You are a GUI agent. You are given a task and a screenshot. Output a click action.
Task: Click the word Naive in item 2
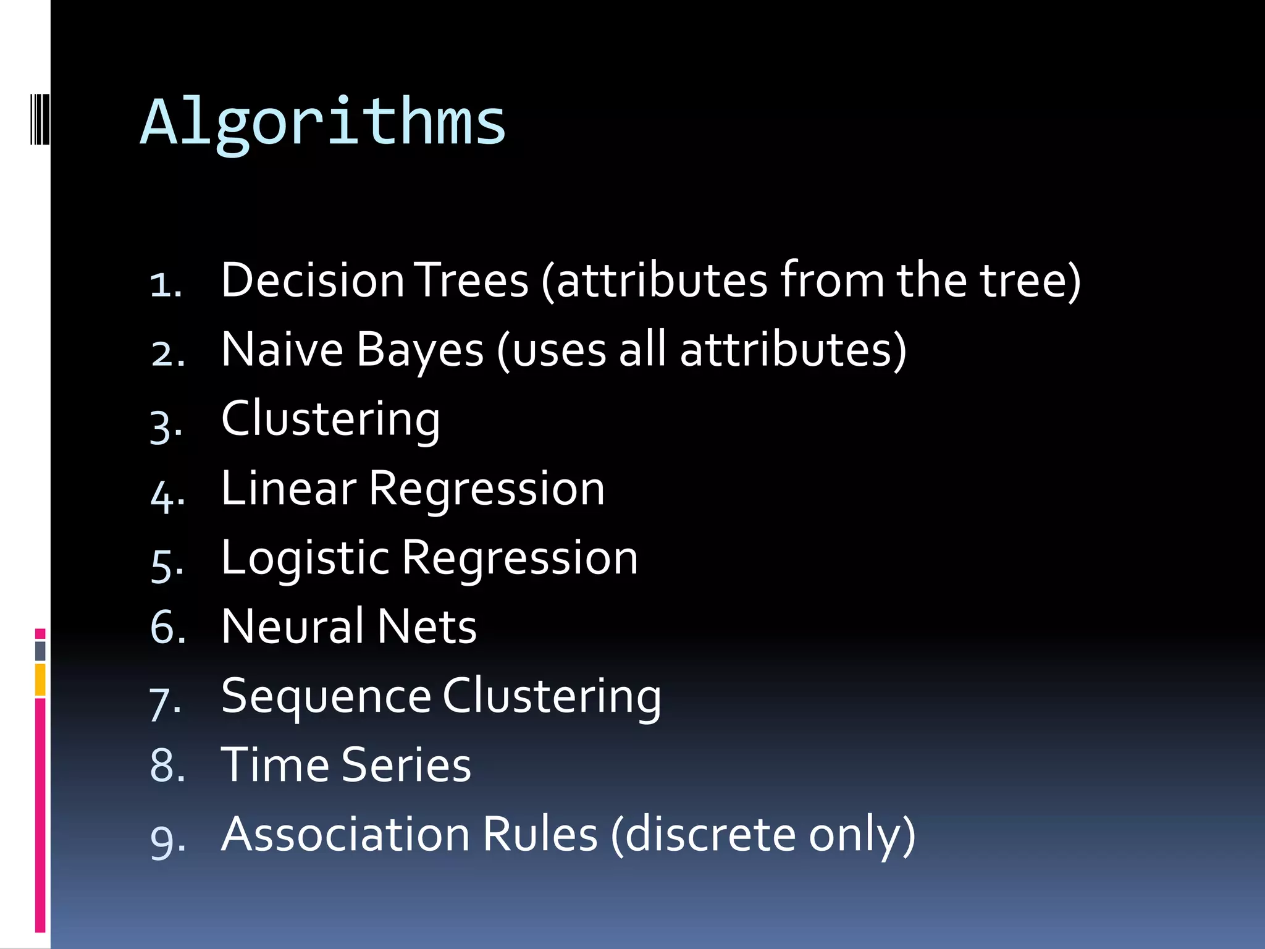click(282, 350)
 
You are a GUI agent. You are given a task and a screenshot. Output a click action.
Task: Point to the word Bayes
click(420, 350)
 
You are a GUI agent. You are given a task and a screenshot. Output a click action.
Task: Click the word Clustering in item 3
click(330, 420)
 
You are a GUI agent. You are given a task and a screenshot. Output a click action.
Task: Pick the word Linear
click(288, 489)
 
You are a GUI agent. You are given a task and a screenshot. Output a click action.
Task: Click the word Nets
click(427, 626)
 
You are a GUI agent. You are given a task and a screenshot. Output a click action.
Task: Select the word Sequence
click(326, 696)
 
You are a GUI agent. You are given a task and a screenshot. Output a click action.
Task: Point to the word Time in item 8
click(275, 765)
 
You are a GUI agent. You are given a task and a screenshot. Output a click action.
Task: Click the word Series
click(406, 765)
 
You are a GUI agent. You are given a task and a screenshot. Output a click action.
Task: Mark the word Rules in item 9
click(540, 834)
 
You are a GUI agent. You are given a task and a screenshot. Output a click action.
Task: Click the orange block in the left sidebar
click(40, 680)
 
